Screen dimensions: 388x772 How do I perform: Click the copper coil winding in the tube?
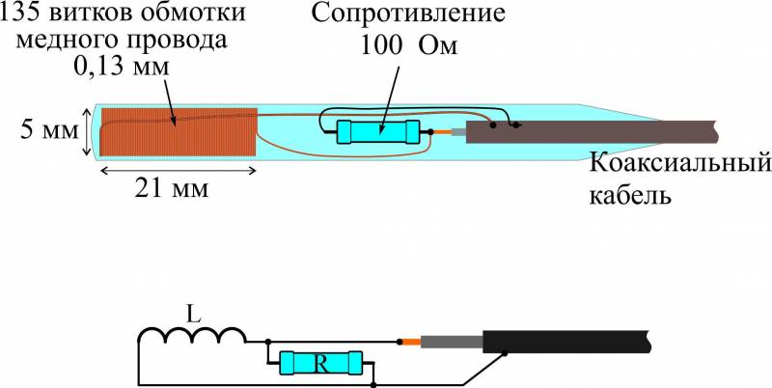point(179,132)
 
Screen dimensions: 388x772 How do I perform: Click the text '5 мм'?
point(44,131)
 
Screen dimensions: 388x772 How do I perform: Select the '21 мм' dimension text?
point(175,189)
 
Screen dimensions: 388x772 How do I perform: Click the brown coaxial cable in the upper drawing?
point(598,132)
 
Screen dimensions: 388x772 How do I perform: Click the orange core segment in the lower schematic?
point(410,342)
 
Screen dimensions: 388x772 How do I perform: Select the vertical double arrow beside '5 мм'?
point(89,131)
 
